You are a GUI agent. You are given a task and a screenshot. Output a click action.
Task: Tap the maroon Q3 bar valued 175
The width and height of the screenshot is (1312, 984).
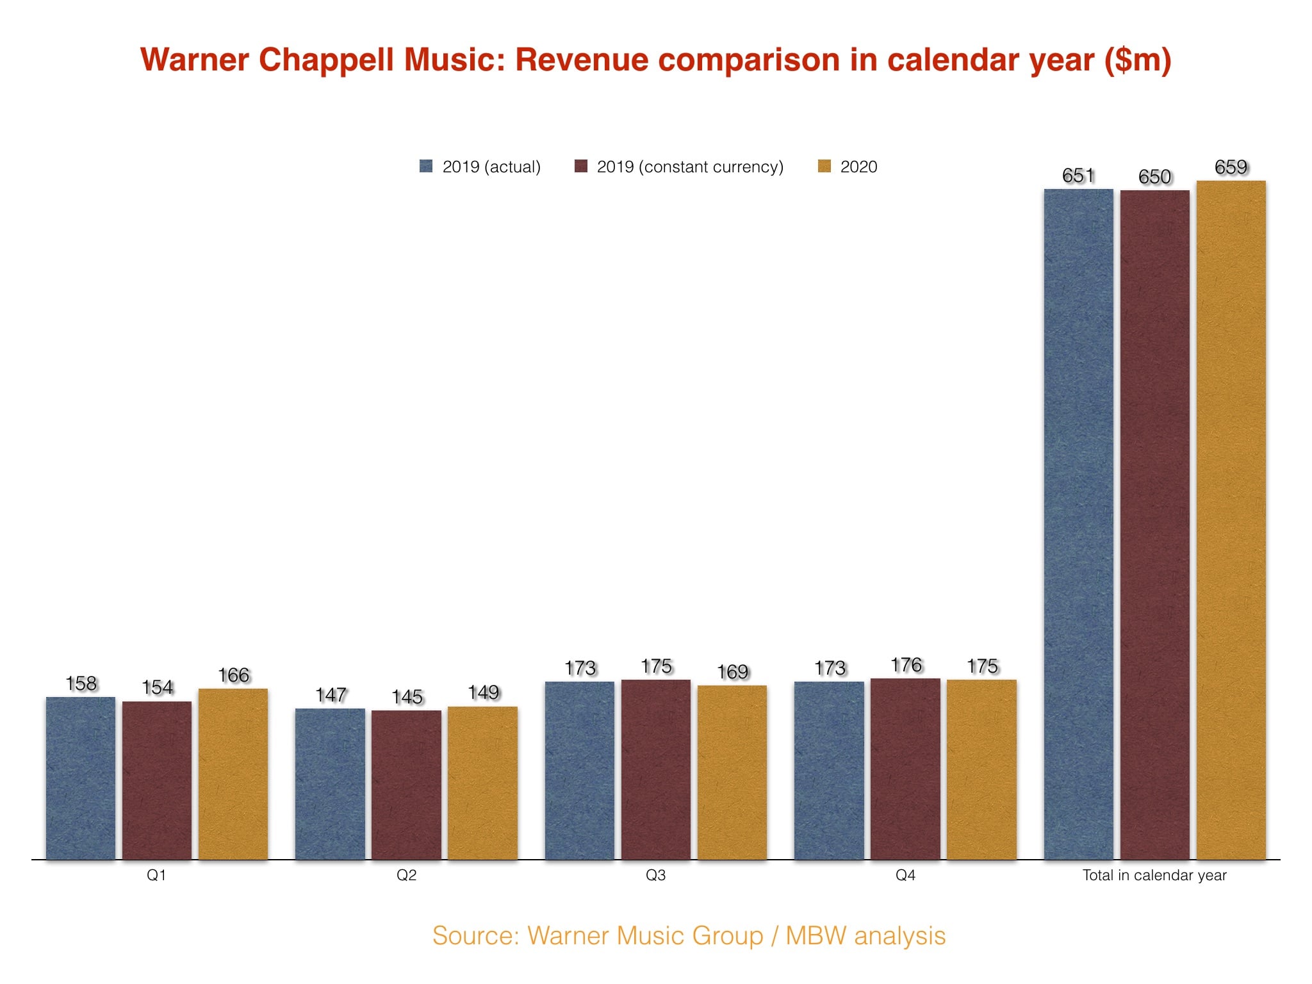click(x=656, y=769)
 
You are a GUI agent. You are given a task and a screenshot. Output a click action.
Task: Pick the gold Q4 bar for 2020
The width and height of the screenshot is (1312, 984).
click(x=981, y=769)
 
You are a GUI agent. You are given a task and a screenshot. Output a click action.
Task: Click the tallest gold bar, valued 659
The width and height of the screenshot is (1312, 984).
click(x=1231, y=519)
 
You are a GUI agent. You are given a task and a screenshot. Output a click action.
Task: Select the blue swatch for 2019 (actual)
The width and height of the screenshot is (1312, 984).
click(x=426, y=167)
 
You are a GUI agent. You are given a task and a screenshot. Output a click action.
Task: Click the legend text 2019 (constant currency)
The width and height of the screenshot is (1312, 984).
click(x=690, y=167)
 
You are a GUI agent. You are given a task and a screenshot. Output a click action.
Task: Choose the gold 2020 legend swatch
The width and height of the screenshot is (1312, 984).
click(x=824, y=167)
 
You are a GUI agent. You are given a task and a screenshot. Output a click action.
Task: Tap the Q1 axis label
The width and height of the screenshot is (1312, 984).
click(x=156, y=875)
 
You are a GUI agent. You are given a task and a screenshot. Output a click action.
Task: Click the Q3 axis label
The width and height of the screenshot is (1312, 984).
click(x=655, y=875)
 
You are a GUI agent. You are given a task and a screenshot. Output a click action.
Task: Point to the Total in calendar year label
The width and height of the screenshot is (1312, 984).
click(x=1154, y=875)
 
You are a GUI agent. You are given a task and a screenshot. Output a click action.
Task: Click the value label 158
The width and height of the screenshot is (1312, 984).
click(x=81, y=684)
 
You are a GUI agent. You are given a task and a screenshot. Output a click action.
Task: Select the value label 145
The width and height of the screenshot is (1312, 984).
click(x=407, y=697)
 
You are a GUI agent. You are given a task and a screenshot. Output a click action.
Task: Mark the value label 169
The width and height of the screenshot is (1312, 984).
click(x=732, y=672)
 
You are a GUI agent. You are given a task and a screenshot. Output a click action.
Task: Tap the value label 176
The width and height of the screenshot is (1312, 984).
click(x=906, y=666)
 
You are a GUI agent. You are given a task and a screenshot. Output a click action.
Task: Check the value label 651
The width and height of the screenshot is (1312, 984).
click(x=1078, y=176)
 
